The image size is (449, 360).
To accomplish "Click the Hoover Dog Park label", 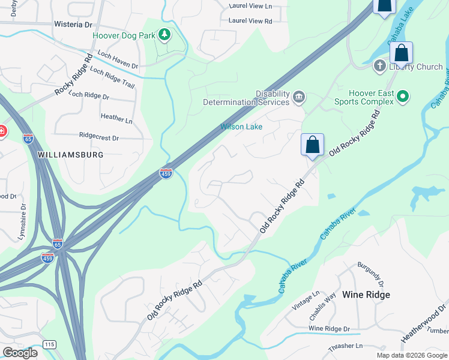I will (122, 35).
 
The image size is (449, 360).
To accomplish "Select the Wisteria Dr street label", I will (73, 25).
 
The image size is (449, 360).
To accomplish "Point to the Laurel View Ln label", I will (250, 7).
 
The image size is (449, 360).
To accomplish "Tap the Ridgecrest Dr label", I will (99, 138).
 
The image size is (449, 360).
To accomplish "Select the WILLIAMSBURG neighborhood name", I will (70, 155).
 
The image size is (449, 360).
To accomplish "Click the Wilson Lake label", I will (241, 127).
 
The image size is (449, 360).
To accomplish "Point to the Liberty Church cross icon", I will (379, 66).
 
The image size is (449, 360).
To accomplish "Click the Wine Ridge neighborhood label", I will (366, 295).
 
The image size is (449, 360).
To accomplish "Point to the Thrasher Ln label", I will (346, 347).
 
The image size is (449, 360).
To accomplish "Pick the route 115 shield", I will (49, 344).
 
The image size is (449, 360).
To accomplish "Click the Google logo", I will (20, 353).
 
